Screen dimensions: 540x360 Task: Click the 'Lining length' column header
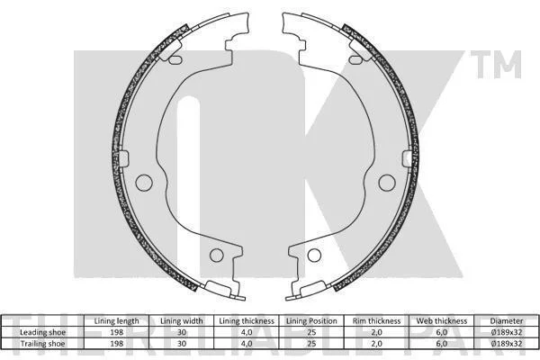tap(116, 321)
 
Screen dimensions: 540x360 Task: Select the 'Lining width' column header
tap(182, 321)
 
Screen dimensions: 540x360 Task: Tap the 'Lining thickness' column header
tap(247, 321)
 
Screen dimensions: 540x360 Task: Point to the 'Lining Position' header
tap(311, 321)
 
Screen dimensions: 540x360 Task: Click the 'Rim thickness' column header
tap(376, 321)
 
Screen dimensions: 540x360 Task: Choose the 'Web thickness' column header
tap(442, 321)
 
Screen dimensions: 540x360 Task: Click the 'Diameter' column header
tap(506, 321)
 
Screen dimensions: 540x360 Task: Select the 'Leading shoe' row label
tap(42, 332)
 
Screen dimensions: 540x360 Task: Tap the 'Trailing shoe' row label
tap(42, 344)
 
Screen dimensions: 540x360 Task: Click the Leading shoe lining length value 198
tap(116, 332)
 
